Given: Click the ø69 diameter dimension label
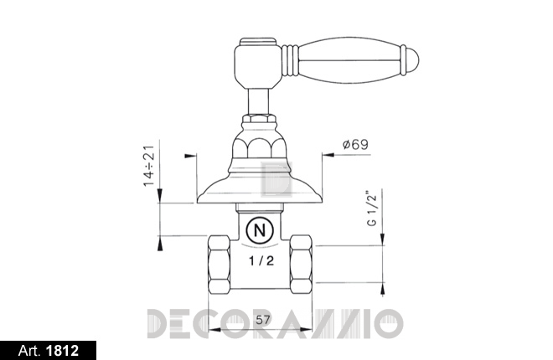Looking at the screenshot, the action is point(355,145).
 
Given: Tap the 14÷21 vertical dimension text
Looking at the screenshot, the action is point(149,166).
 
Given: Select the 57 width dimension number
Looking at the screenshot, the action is point(263,320).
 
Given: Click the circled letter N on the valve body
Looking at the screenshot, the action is point(260,231).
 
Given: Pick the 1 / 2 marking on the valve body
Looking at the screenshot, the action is point(261,260).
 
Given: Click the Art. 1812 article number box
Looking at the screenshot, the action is point(48,351).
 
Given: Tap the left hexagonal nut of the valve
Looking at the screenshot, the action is point(219,265).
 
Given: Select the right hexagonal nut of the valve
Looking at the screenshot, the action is point(301,265).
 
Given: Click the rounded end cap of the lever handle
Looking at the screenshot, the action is point(411,60).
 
